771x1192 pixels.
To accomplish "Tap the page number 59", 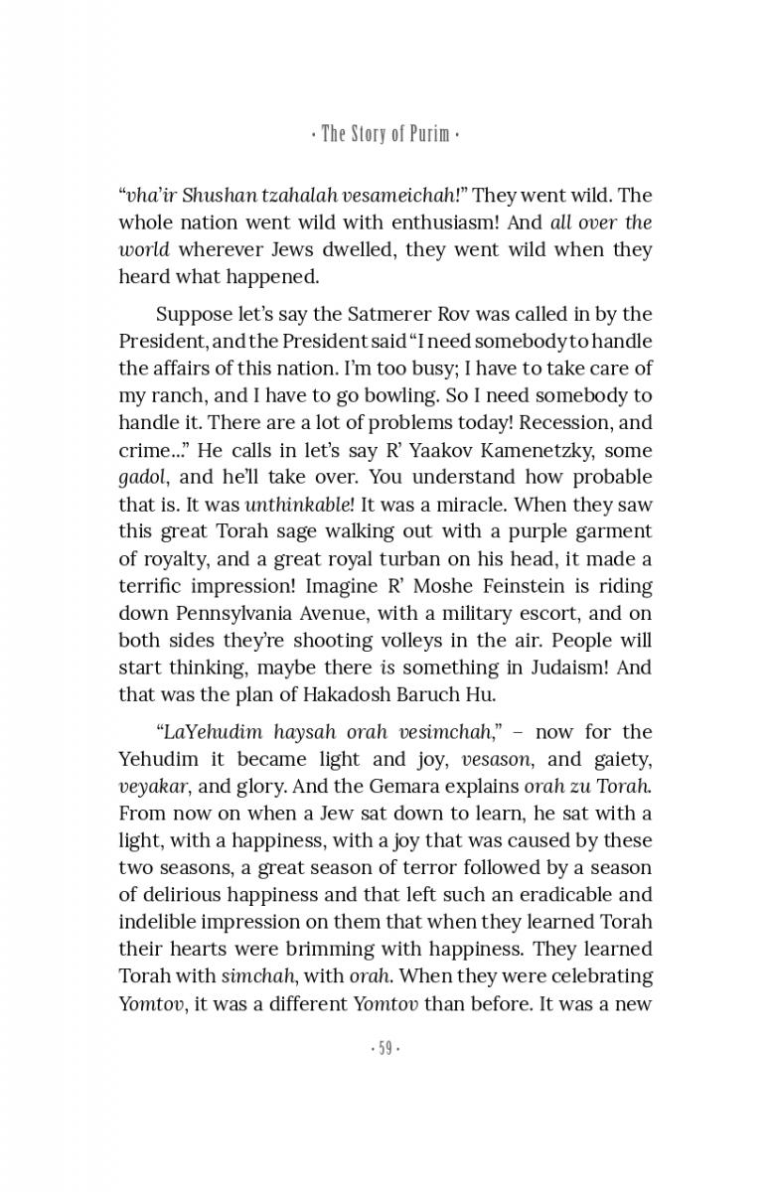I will point(385,1049).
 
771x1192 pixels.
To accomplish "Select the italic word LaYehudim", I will point(210,732).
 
